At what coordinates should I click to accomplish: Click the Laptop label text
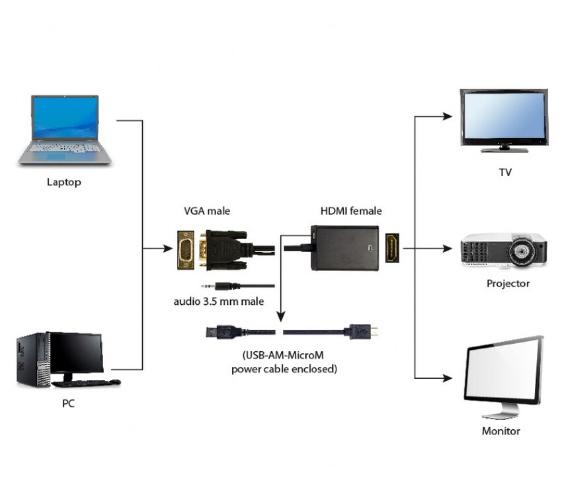coord(64,182)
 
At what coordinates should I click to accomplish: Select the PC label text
coord(68,403)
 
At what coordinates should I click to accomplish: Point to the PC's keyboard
coord(86,383)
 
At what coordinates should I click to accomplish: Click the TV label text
coord(505,173)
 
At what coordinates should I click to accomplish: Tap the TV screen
coord(504,116)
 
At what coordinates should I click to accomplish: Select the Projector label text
coord(508,284)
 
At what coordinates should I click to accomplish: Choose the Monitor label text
coord(501,431)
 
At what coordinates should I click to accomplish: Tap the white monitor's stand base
coord(501,414)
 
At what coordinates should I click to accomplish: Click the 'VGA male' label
coord(207,212)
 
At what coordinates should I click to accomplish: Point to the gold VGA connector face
coord(186,249)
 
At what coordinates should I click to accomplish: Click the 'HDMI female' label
coord(351,212)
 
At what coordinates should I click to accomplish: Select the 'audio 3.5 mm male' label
coord(219,302)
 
